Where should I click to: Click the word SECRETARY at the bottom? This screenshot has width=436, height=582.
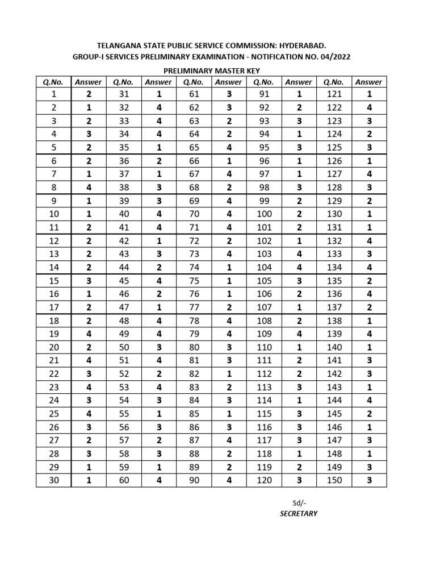pos(299,513)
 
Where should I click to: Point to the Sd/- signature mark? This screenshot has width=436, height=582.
pos(292,502)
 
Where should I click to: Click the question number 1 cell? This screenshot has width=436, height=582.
pos(54,94)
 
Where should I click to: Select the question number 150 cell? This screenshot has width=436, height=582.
pos(335,481)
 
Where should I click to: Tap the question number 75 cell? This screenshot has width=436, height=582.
pos(194,280)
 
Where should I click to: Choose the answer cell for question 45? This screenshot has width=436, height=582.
pos(159,280)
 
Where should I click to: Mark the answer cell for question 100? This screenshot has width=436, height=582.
pos(299,214)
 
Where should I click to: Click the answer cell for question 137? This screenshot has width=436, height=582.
pos(369,307)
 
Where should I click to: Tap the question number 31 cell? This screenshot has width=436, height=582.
pos(124,94)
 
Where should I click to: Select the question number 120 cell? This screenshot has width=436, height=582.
pos(265,481)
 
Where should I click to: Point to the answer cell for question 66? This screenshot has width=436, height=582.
pos(229,161)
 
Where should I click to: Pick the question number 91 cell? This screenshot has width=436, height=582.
pos(265,94)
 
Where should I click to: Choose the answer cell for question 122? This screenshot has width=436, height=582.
pos(369,107)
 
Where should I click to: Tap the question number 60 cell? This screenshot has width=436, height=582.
pos(124,481)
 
